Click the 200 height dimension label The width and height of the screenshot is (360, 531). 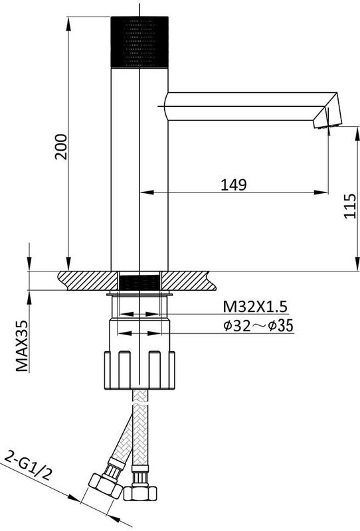[61, 147]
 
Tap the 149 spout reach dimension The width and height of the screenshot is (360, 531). [234, 185]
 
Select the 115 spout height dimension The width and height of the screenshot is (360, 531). [350, 206]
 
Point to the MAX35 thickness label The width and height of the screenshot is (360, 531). [22, 346]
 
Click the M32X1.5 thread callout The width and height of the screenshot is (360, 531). [255, 307]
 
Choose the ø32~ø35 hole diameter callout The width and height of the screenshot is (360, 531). [258, 326]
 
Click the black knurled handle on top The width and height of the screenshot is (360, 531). [139, 42]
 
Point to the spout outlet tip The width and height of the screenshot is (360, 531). [328, 126]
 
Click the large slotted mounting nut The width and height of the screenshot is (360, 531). [139, 370]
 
